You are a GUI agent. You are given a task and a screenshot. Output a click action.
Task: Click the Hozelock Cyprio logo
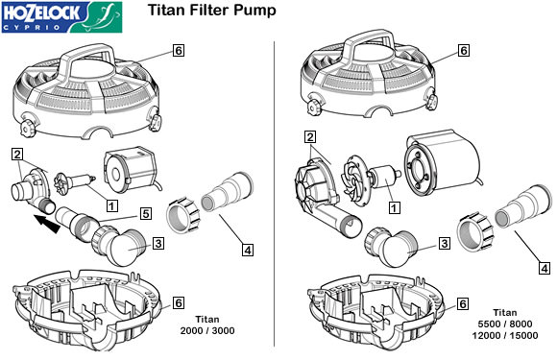coord(61,17)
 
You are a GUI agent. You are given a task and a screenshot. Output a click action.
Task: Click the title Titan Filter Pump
coord(211,10)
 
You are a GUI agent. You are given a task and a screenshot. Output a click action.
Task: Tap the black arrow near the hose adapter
coord(47,224)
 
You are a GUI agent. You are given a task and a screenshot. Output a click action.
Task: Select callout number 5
coord(146,214)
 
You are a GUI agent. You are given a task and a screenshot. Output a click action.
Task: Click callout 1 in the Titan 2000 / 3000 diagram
coord(112,205)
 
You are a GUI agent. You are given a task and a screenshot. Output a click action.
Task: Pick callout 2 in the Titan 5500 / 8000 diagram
coord(310,136)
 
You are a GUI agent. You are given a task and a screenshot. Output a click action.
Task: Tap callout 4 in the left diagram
coord(248,250)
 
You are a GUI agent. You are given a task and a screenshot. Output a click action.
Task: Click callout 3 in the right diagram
coord(444,244)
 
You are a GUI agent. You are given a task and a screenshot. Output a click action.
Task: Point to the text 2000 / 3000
coord(207,330)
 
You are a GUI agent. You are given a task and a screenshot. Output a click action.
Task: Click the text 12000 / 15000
coord(505,335)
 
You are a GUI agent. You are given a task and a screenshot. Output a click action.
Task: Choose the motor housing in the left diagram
coord(130,171)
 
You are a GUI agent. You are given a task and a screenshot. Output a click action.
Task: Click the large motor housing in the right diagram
coord(443,162)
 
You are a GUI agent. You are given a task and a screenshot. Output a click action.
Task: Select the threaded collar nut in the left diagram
coord(183,216)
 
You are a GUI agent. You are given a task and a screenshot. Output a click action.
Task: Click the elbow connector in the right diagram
coord(393,247)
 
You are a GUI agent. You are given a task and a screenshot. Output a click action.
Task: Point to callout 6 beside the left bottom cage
coord(179,302)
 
